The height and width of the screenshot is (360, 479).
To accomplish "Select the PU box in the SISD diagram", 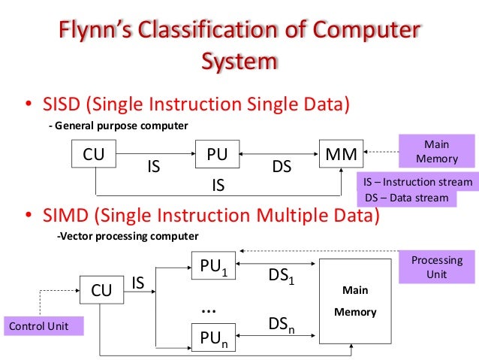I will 217,156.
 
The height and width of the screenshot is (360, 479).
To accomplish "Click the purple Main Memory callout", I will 436,150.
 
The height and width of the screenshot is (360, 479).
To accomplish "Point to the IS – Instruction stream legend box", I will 417,182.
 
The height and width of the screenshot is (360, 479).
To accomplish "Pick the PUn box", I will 213,339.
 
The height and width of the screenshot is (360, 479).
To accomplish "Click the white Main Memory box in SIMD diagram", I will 355,300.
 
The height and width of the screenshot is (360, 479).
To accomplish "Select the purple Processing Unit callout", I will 436,267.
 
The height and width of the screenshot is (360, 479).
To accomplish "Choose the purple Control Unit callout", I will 43,326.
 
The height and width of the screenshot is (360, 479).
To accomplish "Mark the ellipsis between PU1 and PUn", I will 210,307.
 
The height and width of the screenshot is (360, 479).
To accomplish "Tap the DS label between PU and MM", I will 282,168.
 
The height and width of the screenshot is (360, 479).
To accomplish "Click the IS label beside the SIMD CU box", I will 138,283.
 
